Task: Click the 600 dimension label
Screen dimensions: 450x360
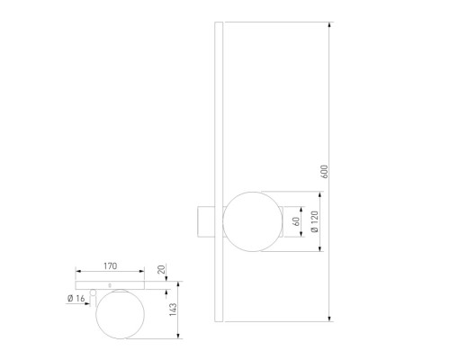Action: (325, 172)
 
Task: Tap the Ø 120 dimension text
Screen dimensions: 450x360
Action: (314, 221)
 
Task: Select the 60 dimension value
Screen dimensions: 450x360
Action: (296, 221)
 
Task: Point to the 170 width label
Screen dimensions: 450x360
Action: (111, 266)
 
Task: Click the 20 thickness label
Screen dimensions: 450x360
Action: (161, 269)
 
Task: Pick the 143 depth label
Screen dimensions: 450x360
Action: (173, 310)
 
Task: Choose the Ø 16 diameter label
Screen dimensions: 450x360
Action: (76, 298)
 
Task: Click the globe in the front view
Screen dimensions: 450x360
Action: (253, 221)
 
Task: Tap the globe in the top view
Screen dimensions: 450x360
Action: (120, 314)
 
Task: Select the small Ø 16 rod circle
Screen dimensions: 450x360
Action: (93, 292)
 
